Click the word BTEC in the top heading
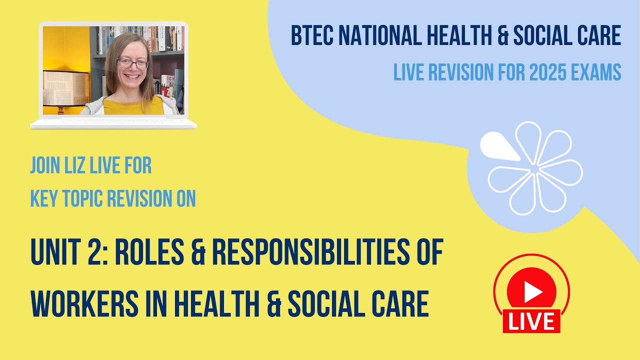[x=311, y=36]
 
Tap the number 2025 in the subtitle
[x=543, y=73]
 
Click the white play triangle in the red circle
[x=532, y=292]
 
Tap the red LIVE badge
[x=531, y=321]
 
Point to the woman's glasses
[x=132, y=64]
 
